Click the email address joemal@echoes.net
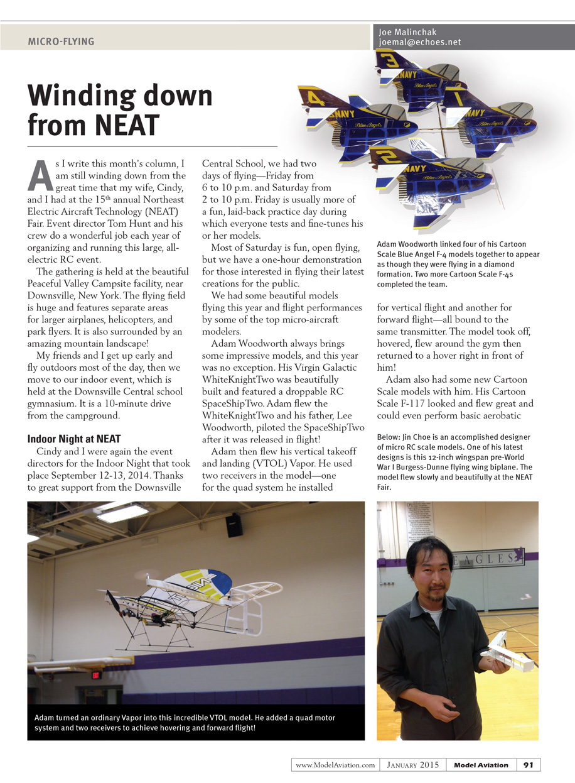coord(419,42)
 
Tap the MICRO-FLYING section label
coord(61,41)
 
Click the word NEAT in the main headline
coord(125,124)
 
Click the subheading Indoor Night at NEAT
coord(74,439)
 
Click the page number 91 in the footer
coord(528,765)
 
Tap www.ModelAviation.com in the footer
coord(335,765)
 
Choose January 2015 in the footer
coord(412,765)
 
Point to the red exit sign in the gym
coord(95,675)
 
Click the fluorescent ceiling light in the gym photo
coord(124,513)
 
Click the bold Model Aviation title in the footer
coord(481,765)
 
